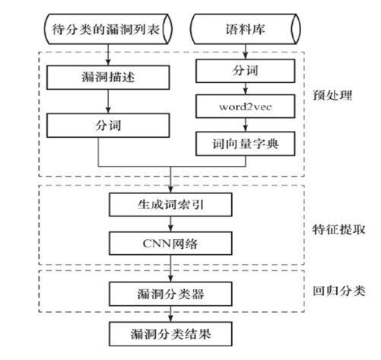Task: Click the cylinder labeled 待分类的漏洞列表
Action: tap(108, 29)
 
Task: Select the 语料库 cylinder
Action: tap(246, 29)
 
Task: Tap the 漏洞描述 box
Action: tap(108, 78)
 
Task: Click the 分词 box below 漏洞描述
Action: tap(108, 126)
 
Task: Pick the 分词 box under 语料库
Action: tap(246, 71)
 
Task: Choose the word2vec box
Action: tap(246, 107)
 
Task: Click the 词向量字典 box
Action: tap(246, 144)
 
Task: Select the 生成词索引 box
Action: tap(170, 205)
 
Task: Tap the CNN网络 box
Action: tap(170, 244)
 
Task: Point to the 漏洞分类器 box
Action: tap(170, 294)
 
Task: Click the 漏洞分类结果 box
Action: tap(170, 334)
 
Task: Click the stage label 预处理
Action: tap(332, 95)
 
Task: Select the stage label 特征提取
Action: tap(338, 230)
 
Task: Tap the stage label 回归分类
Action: tap(338, 291)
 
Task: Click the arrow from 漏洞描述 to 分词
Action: tap(108, 101)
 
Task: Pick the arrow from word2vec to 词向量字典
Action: tap(246, 125)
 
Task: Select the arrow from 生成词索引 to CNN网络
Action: tap(170, 224)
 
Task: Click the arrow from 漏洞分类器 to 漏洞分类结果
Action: tap(170, 314)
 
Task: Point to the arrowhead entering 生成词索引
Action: tap(170, 190)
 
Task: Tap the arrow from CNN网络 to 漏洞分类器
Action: tap(170, 269)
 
